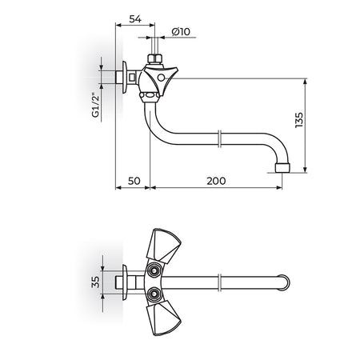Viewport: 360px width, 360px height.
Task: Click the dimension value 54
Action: click(x=135, y=19)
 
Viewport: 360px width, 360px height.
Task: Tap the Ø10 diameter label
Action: click(x=181, y=31)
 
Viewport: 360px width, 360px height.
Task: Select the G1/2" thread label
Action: click(x=95, y=105)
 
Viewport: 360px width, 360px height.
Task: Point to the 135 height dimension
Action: click(x=299, y=120)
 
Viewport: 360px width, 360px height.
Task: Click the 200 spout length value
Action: click(x=216, y=181)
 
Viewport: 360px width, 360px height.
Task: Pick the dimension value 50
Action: click(x=134, y=181)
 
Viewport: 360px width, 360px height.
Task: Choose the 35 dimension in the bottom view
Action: click(x=95, y=282)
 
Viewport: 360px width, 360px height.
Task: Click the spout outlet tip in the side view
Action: click(x=282, y=168)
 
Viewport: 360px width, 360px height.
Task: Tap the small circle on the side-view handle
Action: click(x=161, y=78)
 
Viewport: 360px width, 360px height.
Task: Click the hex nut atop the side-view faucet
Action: click(x=155, y=58)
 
